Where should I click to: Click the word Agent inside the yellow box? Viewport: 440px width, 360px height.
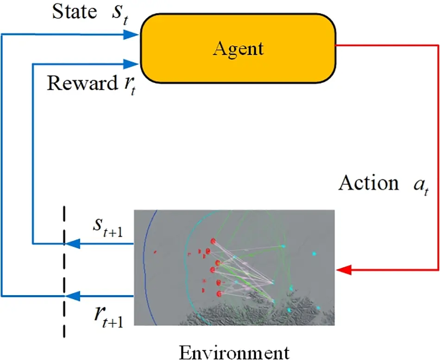point(238,48)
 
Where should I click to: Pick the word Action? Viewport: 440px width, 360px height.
point(369,183)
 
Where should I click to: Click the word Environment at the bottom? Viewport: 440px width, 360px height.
point(234,351)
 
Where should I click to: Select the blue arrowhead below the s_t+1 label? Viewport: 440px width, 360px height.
point(71,243)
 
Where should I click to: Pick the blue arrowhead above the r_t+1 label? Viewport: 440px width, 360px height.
point(71,296)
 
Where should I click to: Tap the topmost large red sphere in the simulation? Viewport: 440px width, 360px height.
point(214,241)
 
